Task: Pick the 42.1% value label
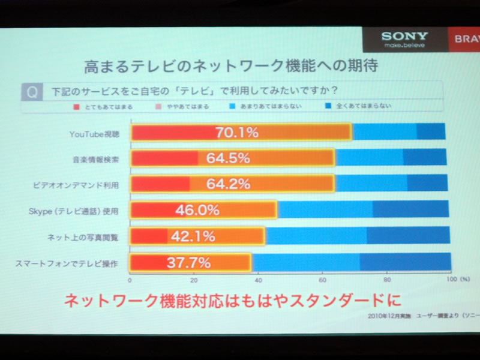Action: [193, 236]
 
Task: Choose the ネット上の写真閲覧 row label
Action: [91, 237]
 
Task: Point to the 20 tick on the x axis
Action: [194, 279]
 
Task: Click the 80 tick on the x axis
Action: [386, 279]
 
